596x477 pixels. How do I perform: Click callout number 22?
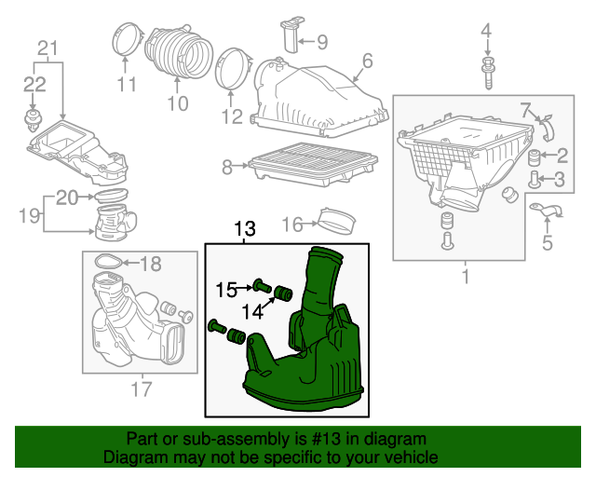(34, 84)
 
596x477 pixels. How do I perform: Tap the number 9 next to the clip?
(321, 42)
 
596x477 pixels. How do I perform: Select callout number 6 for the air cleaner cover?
(367, 61)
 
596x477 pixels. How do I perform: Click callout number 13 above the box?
(244, 229)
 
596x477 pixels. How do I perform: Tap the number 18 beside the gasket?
(150, 264)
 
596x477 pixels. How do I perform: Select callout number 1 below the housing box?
(466, 277)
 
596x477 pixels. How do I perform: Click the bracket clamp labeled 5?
(545, 214)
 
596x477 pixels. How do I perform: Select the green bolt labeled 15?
(260, 287)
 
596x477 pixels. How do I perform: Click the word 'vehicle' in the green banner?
(412, 458)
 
